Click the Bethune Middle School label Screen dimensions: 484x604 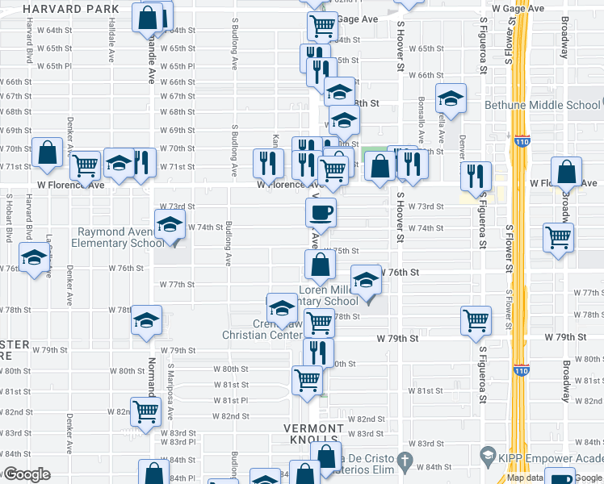point(542,105)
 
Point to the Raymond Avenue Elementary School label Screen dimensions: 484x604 point(121,237)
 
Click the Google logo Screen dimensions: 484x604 point(26,474)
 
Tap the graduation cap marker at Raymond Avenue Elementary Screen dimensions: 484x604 point(170,224)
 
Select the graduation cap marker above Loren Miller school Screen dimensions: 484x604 point(366,280)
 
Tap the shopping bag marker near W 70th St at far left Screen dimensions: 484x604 point(48,152)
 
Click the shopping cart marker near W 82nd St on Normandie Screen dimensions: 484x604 point(146,411)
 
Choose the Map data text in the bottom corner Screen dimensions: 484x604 point(524,478)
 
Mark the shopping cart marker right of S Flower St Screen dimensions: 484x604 point(558,237)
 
